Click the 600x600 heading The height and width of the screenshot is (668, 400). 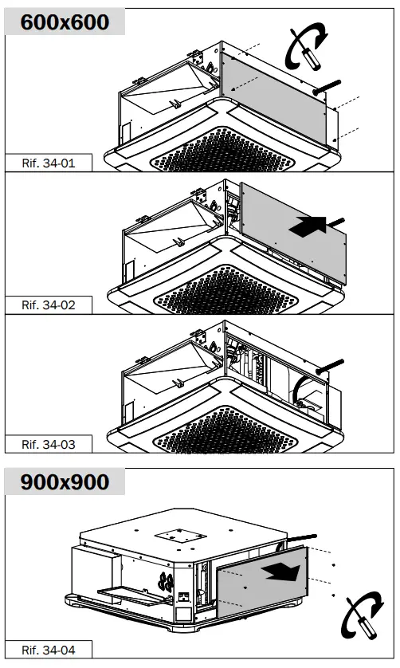coord(65,22)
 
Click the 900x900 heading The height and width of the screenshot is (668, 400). coord(65,481)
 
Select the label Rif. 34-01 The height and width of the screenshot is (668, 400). coord(49,163)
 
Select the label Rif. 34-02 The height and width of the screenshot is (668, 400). coord(49,305)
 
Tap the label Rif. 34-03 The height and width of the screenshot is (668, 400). coord(49,444)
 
